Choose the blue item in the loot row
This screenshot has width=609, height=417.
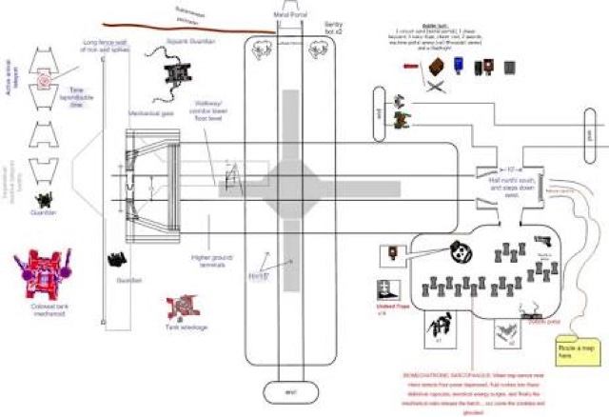(x=458, y=67)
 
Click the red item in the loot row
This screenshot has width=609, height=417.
(x=409, y=66)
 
